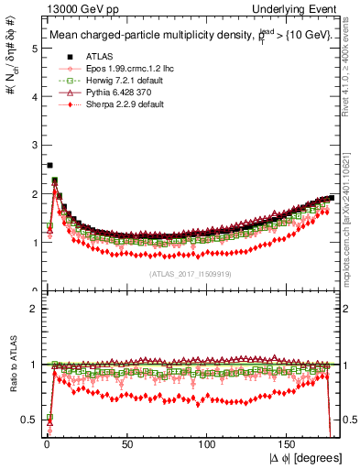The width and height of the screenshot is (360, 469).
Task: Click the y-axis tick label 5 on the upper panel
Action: (x=34, y=49)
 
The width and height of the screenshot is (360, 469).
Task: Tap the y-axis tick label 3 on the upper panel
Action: (x=34, y=146)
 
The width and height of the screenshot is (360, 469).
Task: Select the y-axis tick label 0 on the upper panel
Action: (x=34, y=291)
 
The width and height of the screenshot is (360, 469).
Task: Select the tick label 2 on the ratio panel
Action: (x=34, y=308)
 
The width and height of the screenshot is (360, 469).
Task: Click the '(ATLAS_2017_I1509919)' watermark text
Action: (x=191, y=273)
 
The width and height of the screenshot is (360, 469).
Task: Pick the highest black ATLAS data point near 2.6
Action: (x=49, y=166)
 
